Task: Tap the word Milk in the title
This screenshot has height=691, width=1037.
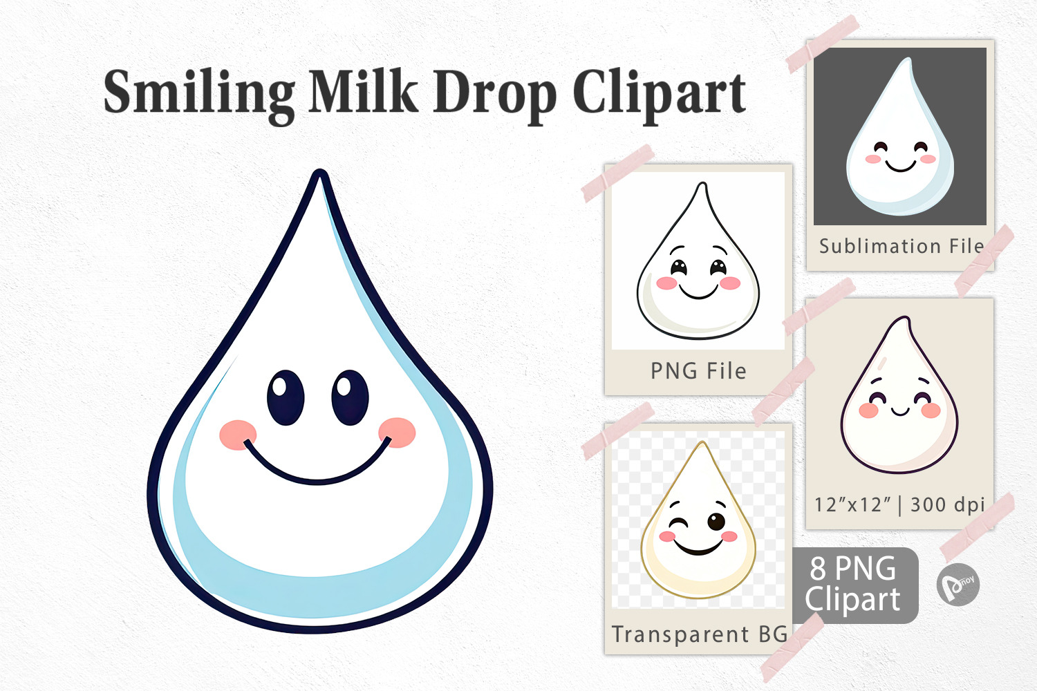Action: pos(364,91)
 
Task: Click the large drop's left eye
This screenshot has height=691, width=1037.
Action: pos(286,397)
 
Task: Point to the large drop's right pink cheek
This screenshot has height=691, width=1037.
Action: pos(398,433)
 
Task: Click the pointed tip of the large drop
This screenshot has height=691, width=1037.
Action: pos(319,171)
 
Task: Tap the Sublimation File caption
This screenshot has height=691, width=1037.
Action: pos(901,246)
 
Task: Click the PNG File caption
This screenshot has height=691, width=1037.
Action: pos(698,371)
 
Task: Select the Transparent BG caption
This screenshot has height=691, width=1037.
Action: pos(699,634)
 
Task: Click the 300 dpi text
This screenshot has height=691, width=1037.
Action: pos(947,505)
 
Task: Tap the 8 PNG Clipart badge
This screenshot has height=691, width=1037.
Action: pos(855,585)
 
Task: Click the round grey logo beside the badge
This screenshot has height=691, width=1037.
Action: pos(957,585)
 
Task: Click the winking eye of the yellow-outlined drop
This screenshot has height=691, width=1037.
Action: pos(678,524)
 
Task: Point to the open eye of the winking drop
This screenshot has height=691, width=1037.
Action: pos(716,522)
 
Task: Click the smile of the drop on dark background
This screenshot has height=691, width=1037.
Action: pos(900,166)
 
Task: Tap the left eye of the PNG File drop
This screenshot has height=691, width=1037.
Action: pos(679,267)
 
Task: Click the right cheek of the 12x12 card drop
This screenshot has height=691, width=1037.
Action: pos(931,410)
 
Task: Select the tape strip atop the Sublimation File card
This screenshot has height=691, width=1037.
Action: pos(823,44)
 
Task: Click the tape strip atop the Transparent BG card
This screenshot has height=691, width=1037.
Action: pos(618,431)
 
